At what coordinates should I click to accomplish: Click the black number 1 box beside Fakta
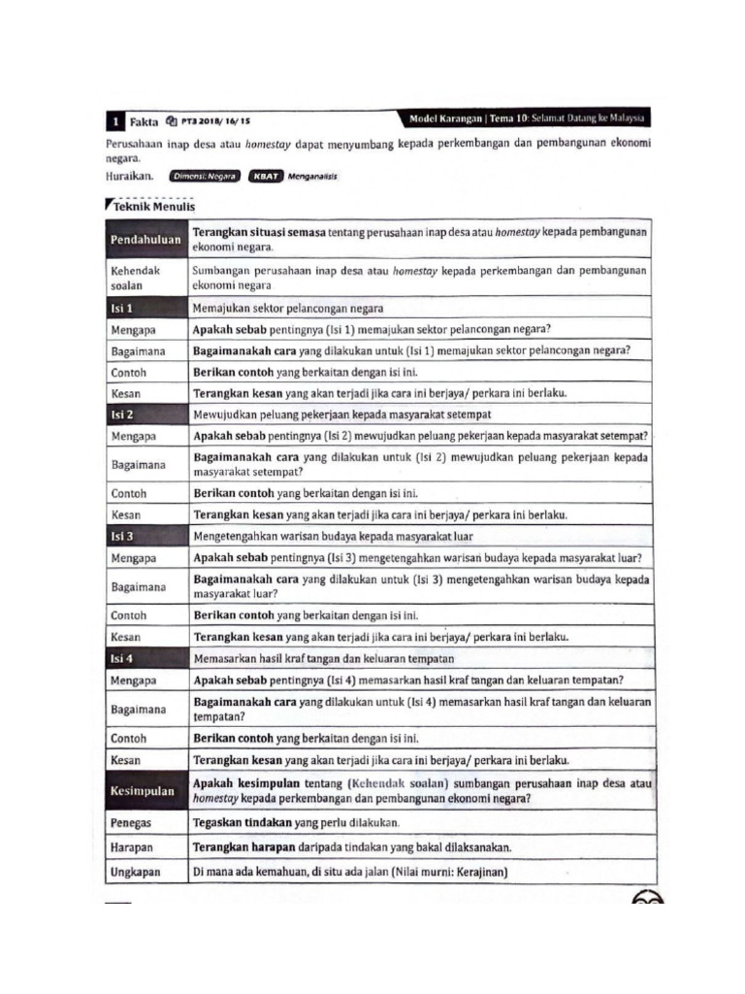tap(114, 121)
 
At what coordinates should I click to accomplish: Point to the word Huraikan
tap(129, 177)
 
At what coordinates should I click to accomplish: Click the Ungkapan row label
tap(136, 872)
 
